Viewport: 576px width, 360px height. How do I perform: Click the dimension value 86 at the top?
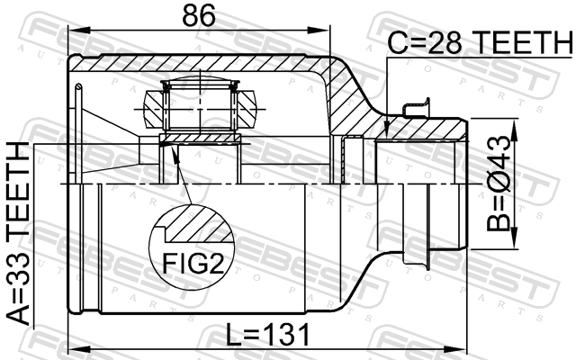click(x=198, y=15)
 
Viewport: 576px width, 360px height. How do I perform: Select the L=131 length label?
click(x=267, y=335)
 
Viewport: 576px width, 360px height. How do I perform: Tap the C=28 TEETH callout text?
click(x=481, y=42)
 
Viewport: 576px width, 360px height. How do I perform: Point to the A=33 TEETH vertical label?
click(x=18, y=233)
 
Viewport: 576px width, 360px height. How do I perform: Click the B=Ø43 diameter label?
click(x=499, y=183)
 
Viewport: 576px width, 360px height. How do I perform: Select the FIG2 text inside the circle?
click(x=193, y=263)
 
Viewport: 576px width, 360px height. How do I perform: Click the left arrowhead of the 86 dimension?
click(x=79, y=31)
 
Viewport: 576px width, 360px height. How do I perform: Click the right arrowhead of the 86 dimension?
click(x=319, y=31)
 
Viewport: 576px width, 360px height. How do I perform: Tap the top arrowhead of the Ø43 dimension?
click(x=514, y=130)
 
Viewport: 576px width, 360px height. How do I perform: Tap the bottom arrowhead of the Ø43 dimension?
click(x=514, y=238)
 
